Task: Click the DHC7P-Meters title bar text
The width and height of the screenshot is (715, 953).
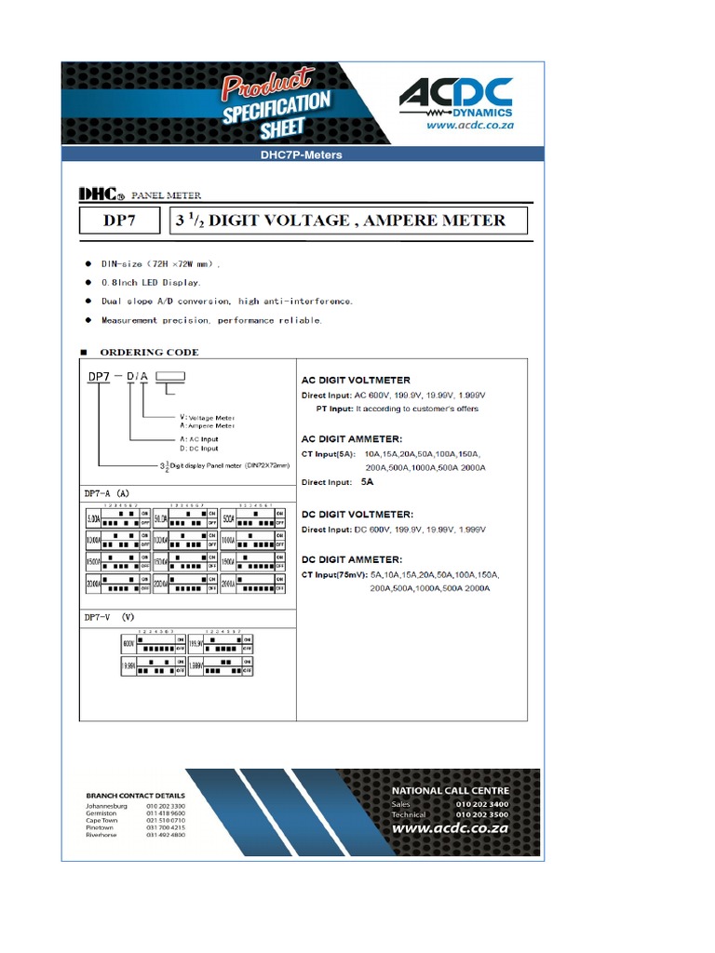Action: (301, 154)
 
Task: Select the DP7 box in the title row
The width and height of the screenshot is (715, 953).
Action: (121, 221)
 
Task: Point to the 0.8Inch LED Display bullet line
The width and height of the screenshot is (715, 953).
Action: (151, 281)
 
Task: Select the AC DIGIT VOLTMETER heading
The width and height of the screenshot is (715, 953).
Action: (355, 381)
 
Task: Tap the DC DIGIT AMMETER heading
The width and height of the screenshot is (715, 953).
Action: (352, 559)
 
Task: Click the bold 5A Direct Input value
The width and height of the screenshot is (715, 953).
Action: (370, 482)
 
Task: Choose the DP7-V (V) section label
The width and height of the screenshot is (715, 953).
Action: (110, 616)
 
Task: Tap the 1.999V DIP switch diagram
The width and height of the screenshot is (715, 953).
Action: (222, 667)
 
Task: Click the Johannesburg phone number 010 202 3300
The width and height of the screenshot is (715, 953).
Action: (166, 806)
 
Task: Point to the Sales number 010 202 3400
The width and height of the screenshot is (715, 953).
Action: (482, 804)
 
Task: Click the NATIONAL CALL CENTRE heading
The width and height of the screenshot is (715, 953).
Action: (450, 790)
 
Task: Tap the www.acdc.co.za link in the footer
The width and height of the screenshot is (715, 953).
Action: (450, 827)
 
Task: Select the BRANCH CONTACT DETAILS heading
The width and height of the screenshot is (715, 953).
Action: (135, 796)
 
